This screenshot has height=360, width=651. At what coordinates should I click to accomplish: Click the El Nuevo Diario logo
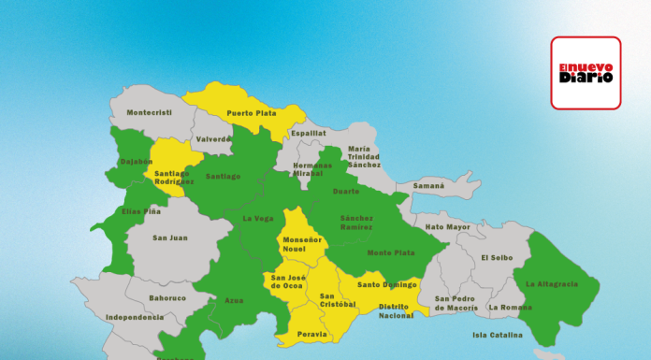(x=586, y=73)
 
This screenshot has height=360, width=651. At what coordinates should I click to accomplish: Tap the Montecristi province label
(x=149, y=113)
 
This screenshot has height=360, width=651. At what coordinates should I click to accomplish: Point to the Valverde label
(x=213, y=139)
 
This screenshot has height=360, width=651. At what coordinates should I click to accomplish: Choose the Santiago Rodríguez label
(x=173, y=177)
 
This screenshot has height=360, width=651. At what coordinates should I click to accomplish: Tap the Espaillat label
(x=308, y=134)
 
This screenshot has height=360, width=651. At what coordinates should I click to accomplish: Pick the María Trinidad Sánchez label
(x=364, y=156)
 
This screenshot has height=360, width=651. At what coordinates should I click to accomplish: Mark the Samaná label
(x=429, y=186)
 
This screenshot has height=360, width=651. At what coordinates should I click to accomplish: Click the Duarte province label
(x=346, y=191)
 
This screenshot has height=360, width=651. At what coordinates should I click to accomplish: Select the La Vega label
(x=257, y=219)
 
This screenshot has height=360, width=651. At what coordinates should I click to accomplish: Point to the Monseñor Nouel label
(x=302, y=244)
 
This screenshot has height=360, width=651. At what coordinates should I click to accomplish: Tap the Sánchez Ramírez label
(x=355, y=222)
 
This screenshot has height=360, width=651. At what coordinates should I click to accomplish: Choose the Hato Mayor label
(x=448, y=227)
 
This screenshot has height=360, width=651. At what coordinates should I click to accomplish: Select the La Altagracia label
(x=551, y=284)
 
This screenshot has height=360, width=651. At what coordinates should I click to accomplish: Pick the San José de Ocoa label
(x=286, y=281)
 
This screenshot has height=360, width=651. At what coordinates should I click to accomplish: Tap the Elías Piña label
(x=141, y=211)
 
